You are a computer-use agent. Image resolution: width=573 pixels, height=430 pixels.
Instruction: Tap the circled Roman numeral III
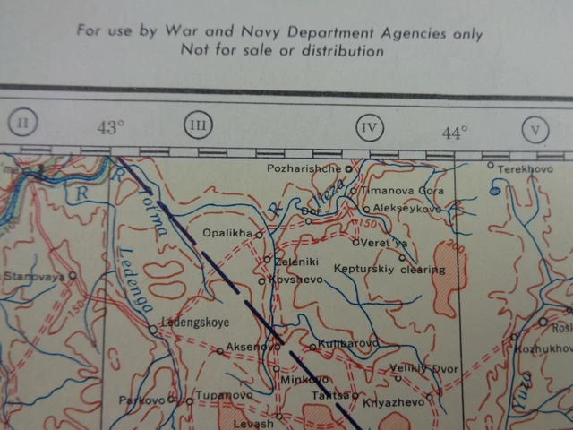(198, 125)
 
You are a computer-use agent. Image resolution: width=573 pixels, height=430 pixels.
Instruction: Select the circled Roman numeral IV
(369, 127)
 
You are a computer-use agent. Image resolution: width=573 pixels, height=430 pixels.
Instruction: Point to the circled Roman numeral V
(535, 130)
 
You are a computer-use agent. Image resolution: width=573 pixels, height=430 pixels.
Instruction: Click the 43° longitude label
(110, 127)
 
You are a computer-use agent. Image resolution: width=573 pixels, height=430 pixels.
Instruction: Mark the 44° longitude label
(455, 133)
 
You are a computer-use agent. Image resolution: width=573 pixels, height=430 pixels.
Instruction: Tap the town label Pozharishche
(305, 168)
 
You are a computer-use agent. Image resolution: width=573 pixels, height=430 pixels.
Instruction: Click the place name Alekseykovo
(406, 208)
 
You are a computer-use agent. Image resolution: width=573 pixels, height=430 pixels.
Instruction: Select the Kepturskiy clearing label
(389, 269)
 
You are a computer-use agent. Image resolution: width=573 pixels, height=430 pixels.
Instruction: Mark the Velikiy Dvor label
(423, 368)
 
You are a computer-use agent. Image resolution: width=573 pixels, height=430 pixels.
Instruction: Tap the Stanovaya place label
(34, 277)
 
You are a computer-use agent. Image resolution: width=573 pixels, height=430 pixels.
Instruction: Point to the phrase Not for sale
(226, 51)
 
